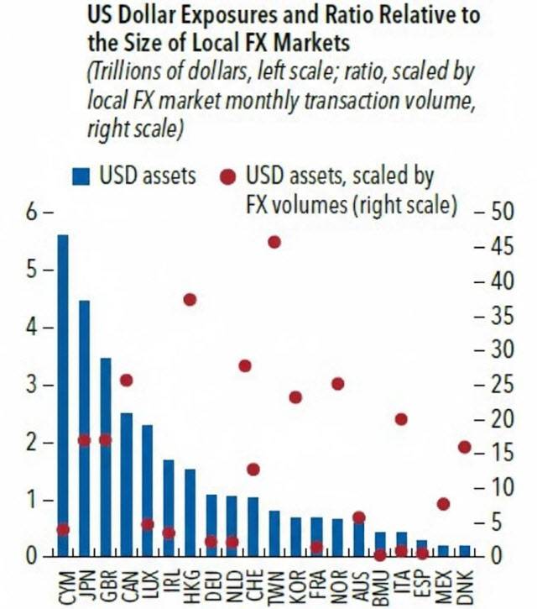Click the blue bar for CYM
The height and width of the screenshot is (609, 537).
click(x=62, y=395)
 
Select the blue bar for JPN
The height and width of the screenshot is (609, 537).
click(x=84, y=428)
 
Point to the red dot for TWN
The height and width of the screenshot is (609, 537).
click(x=274, y=242)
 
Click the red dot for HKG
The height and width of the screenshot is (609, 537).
click(x=190, y=300)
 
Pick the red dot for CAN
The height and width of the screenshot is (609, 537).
click(x=126, y=381)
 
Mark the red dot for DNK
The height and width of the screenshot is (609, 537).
click(x=464, y=447)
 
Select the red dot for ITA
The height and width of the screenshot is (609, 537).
click(x=401, y=419)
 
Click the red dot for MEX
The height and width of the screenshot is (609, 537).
click(x=443, y=504)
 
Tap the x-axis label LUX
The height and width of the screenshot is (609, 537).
click(x=148, y=580)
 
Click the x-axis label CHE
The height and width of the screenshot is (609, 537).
click(x=253, y=580)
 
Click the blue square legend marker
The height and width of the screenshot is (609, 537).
click(x=80, y=176)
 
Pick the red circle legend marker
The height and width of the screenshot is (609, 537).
click(x=227, y=176)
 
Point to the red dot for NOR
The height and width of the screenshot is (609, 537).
click(x=337, y=384)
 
